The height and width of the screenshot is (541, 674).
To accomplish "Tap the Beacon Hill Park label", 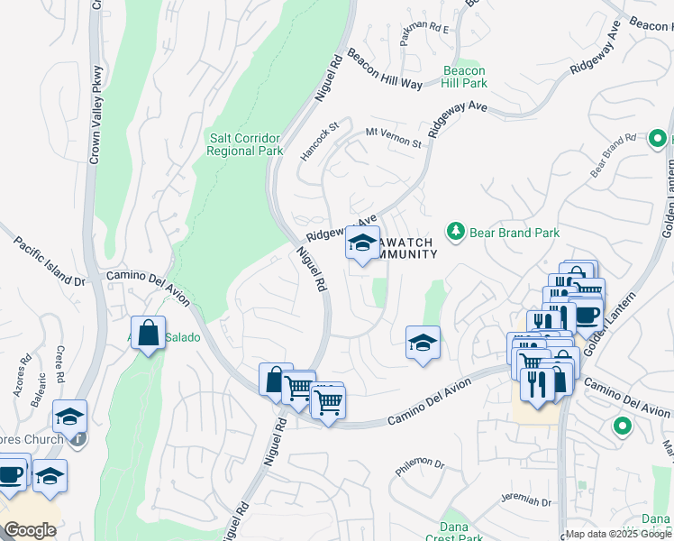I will coord(464,77).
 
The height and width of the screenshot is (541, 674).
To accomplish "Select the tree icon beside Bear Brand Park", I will coord(457,233).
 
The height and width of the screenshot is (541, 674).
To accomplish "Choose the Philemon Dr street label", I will coord(421,466).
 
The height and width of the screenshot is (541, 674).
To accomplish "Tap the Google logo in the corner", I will coord(30,530).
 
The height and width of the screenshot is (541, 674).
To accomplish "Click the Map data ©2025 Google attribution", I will coord(618,534).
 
